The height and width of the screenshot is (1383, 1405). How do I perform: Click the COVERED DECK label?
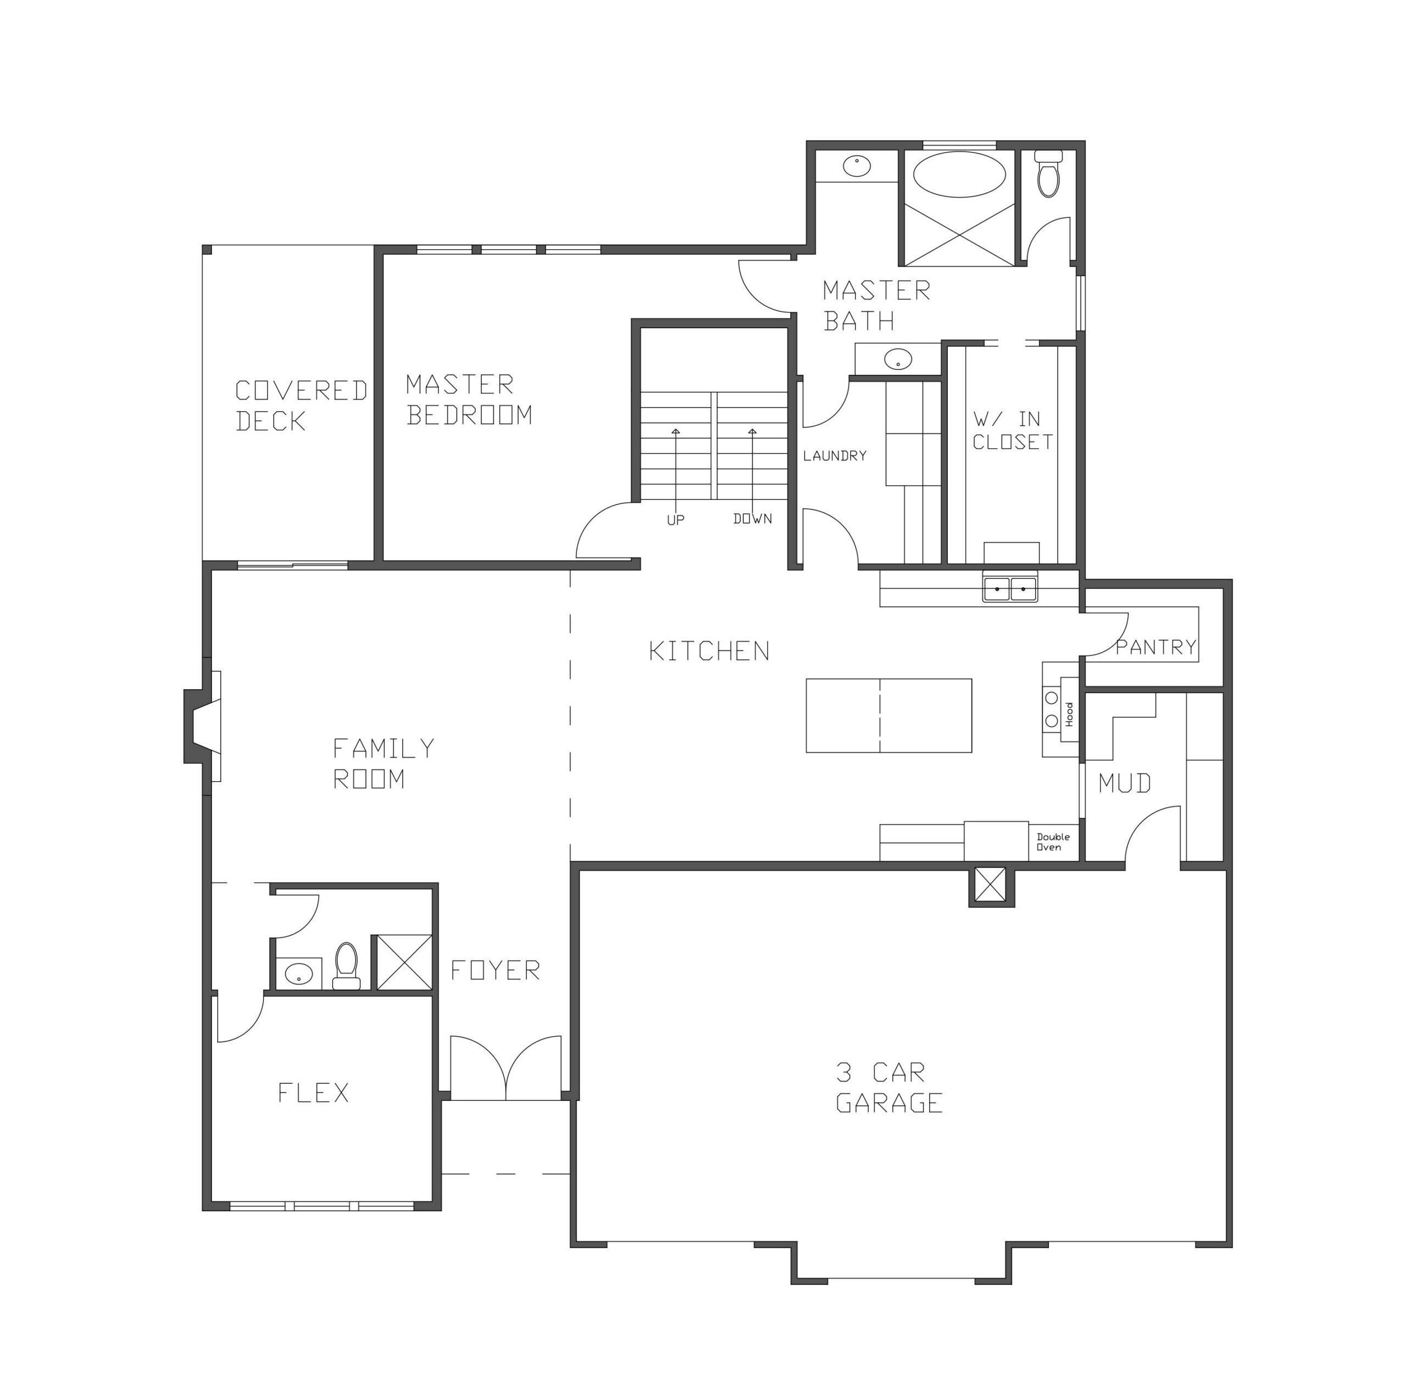pyautogui.click(x=301, y=406)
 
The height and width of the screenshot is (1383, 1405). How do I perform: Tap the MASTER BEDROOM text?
pyautogui.click(x=469, y=399)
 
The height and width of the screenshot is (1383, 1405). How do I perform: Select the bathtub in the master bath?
pyautogui.click(x=959, y=175)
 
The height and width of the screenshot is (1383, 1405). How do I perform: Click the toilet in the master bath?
pyautogui.click(x=1048, y=173)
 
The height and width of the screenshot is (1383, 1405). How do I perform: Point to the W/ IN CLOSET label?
pyautogui.click(x=1012, y=430)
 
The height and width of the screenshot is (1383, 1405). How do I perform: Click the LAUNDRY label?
pyautogui.click(x=835, y=456)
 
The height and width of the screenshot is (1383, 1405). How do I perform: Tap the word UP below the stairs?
pyautogui.click(x=676, y=520)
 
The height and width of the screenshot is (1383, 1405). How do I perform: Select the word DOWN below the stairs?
pyautogui.click(x=752, y=519)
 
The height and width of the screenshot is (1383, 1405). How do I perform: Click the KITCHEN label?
pyautogui.click(x=709, y=651)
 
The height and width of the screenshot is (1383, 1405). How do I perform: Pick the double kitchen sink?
pyautogui.click(x=1010, y=588)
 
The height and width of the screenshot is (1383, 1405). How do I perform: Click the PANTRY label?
pyautogui.click(x=1156, y=646)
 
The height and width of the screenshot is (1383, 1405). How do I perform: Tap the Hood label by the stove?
pyautogui.click(x=1069, y=714)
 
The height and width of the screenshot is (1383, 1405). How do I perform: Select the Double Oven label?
pyautogui.click(x=1053, y=842)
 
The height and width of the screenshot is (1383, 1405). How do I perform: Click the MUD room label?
pyautogui.click(x=1125, y=783)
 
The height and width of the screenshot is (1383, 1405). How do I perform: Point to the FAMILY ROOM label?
pyautogui.click(x=384, y=763)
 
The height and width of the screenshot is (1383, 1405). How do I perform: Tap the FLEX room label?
pyautogui.click(x=313, y=1093)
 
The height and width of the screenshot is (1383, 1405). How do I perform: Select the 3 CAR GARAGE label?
pyautogui.click(x=889, y=1087)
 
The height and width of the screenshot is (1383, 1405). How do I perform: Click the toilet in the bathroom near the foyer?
pyautogui.click(x=346, y=965)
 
